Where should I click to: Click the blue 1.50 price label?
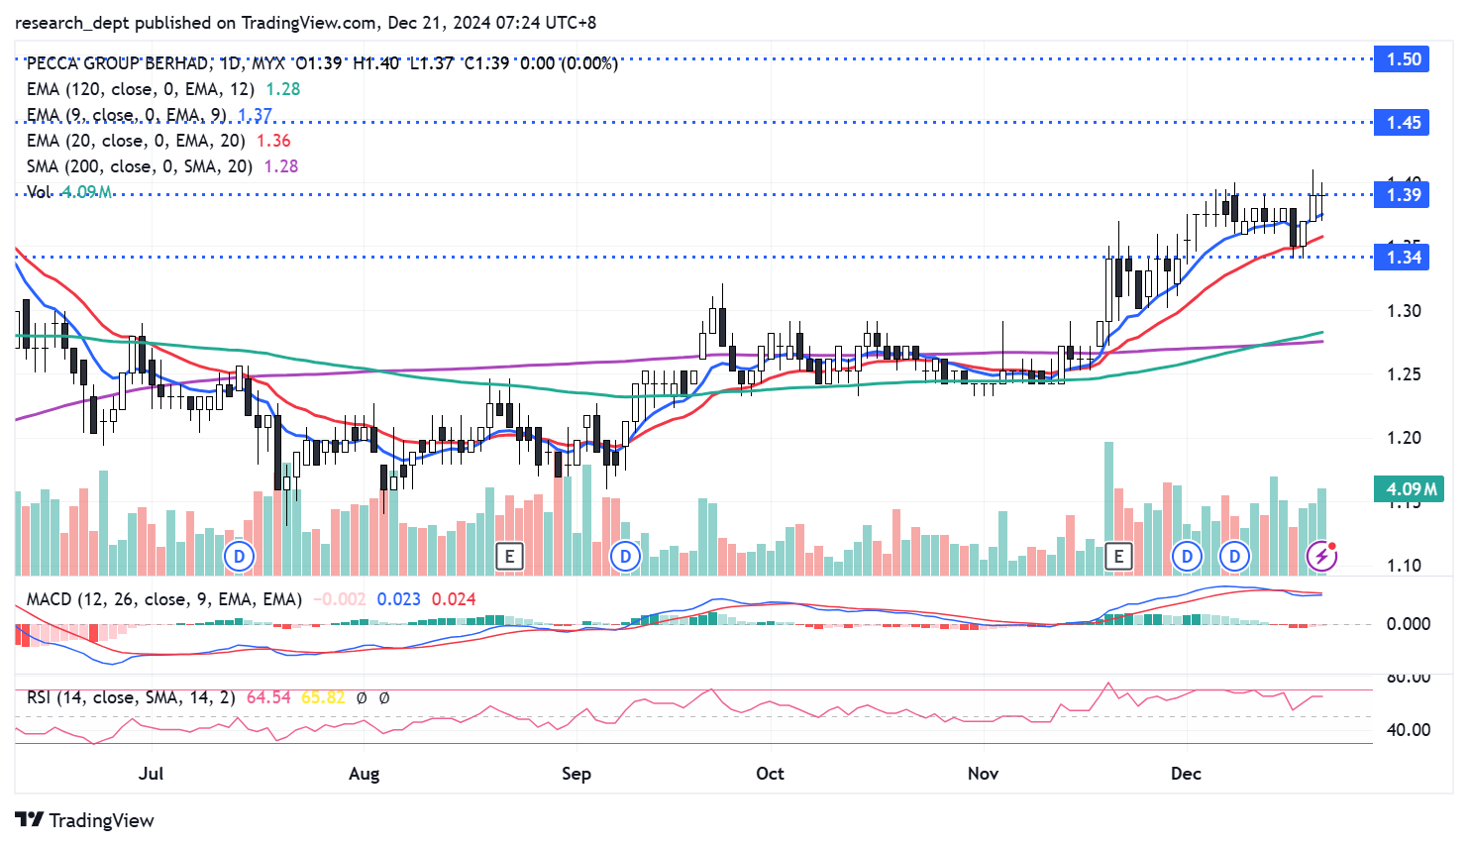(1402, 59)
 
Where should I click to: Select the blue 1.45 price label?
(1402, 123)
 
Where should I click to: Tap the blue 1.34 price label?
(1402, 258)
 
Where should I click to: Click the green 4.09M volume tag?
(1411, 489)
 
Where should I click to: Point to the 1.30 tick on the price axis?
(1404, 311)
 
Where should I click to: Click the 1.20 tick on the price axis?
(1404, 438)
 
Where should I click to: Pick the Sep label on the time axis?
(576, 774)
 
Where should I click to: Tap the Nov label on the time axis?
(983, 774)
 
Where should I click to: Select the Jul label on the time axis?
(151, 774)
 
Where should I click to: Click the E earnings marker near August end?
(509, 556)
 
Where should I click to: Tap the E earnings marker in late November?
(1118, 556)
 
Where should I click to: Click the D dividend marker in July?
(239, 556)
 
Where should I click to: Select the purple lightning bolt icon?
(1321, 556)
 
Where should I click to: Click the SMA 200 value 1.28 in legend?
(281, 166)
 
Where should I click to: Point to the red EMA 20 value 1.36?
(273, 141)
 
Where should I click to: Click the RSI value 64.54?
(268, 697)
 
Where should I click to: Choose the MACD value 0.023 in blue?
(399, 599)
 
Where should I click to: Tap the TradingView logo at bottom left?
(85, 820)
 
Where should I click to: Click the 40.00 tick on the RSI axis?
(1408, 730)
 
